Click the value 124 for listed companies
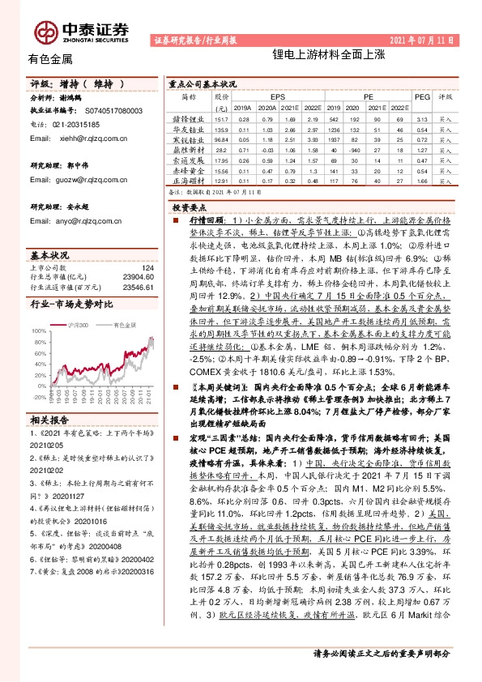click(x=147, y=268)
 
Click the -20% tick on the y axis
click(x=40, y=398)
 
